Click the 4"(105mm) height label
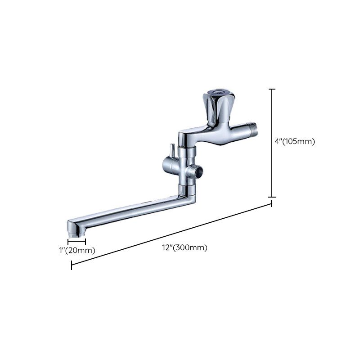295,141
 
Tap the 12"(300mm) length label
185,247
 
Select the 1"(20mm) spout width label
77,250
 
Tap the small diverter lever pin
171,149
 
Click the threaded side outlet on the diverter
196,170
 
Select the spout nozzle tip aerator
76,233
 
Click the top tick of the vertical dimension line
272,89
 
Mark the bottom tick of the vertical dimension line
272,197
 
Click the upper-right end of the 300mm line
272,204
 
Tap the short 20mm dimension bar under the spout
76,242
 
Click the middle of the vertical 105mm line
272,143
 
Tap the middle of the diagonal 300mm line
171,234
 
